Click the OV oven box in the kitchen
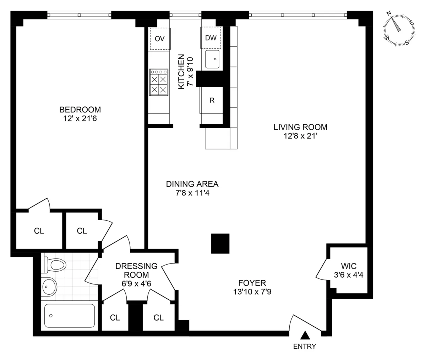tap(160, 39)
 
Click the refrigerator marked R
tap(212, 100)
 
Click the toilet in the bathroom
tap(55, 265)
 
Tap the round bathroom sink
tap(49, 287)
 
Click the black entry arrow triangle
tap(305, 335)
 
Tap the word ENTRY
tap(305, 347)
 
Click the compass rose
tap(399, 28)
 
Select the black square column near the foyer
tap(220, 243)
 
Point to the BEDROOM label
tap(80, 110)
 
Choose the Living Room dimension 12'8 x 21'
tap(300, 135)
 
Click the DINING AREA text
tap(192, 184)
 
